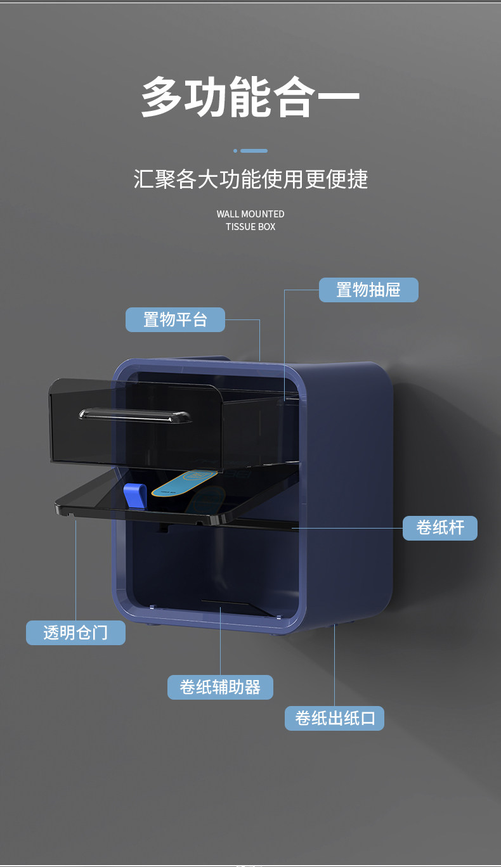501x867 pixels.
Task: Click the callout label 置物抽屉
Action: point(368,290)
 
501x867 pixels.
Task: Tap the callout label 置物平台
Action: point(175,319)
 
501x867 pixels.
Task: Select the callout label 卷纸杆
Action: point(440,528)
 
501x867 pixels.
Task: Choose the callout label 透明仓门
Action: point(75,633)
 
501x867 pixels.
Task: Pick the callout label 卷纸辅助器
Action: point(220,687)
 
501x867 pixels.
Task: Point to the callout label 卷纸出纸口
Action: point(334,718)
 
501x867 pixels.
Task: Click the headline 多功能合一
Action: point(251,97)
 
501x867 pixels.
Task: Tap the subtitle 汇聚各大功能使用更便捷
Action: point(251,179)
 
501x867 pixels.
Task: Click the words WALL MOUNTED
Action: point(251,214)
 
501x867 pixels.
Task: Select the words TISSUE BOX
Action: point(251,227)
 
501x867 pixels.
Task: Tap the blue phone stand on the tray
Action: point(134,495)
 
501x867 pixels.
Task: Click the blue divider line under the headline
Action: point(254,151)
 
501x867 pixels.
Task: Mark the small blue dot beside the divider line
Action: point(235,151)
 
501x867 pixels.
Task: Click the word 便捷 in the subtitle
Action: point(348,179)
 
